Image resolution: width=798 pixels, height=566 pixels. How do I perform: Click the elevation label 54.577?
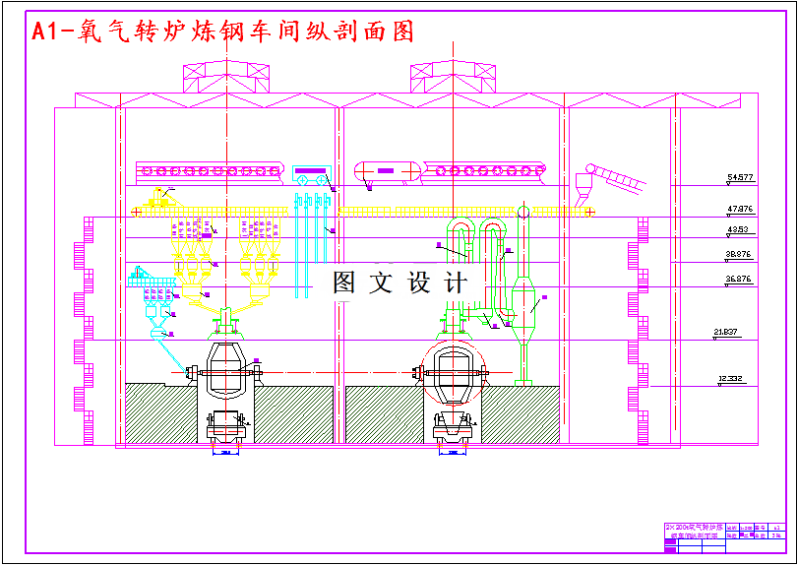pyautogui.click(x=740, y=178)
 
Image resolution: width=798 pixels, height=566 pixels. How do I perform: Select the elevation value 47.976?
pyautogui.click(x=740, y=210)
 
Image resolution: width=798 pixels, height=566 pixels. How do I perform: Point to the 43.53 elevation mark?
pyautogui.click(x=738, y=230)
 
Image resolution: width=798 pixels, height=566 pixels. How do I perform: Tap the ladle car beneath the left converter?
pyautogui.click(x=228, y=424)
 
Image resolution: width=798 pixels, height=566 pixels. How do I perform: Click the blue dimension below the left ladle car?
pyautogui.click(x=225, y=453)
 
